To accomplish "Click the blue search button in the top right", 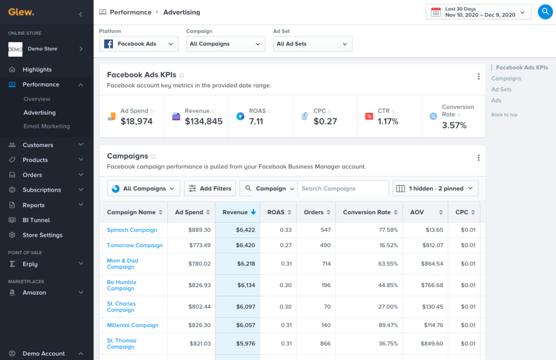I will tap(545, 12).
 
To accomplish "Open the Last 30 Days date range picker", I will tap(478, 12).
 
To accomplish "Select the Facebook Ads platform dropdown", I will tap(139, 44).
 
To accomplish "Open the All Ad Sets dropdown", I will tap(313, 44).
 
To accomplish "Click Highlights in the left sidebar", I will tap(37, 69).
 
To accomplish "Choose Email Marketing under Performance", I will tap(46, 126).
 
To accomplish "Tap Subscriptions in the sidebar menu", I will tap(42, 190).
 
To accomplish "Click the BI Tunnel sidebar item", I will tap(36, 220).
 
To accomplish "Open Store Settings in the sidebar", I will tap(42, 235).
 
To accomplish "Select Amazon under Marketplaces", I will tap(34, 293).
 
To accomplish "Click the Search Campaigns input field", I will tap(343, 189).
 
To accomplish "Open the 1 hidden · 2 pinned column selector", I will tap(436, 189).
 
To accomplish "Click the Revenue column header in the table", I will tap(235, 212).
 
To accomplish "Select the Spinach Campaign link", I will tap(132, 230).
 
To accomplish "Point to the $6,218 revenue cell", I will tap(245, 264).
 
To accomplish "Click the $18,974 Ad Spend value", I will tap(136, 122).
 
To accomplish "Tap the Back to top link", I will tap(504, 115).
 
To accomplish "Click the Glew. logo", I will tap(21, 12).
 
